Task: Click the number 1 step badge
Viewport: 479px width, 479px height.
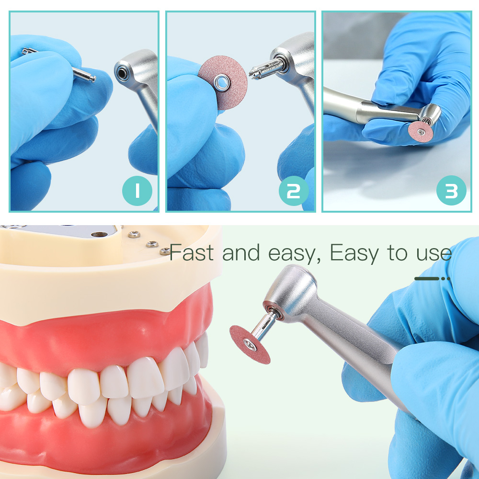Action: (137, 191)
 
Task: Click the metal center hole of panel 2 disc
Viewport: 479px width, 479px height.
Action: (222, 82)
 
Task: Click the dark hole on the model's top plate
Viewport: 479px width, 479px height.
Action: (99, 235)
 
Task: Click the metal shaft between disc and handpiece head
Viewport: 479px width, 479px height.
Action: (264, 326)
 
